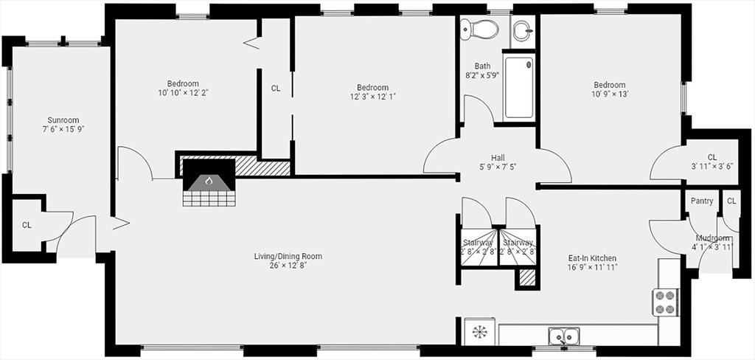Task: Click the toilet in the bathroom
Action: click(479, 30)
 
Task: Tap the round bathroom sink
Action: click(522, 31)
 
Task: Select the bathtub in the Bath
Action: click(519, 88)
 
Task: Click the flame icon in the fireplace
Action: click(209, 181)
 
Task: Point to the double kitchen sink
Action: click(563, 335)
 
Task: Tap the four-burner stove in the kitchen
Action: click(666, 302)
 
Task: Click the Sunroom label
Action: click(63, 120)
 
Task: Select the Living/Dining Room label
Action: click(288, 257)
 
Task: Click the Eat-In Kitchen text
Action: click(592, 258)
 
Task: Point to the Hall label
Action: click(498, 158)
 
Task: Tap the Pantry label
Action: click(702, 201)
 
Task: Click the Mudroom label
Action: click(712, 238)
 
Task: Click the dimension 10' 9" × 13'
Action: click(609, 94)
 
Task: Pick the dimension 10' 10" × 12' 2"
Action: click(183, 92)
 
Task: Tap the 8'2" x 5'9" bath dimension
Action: click(482, 75)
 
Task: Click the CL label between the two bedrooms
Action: click(276, 89)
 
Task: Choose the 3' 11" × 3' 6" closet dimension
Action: click(712, 166)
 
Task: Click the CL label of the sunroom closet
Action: click(27, 225)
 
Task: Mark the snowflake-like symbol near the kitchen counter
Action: click(479, 331)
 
